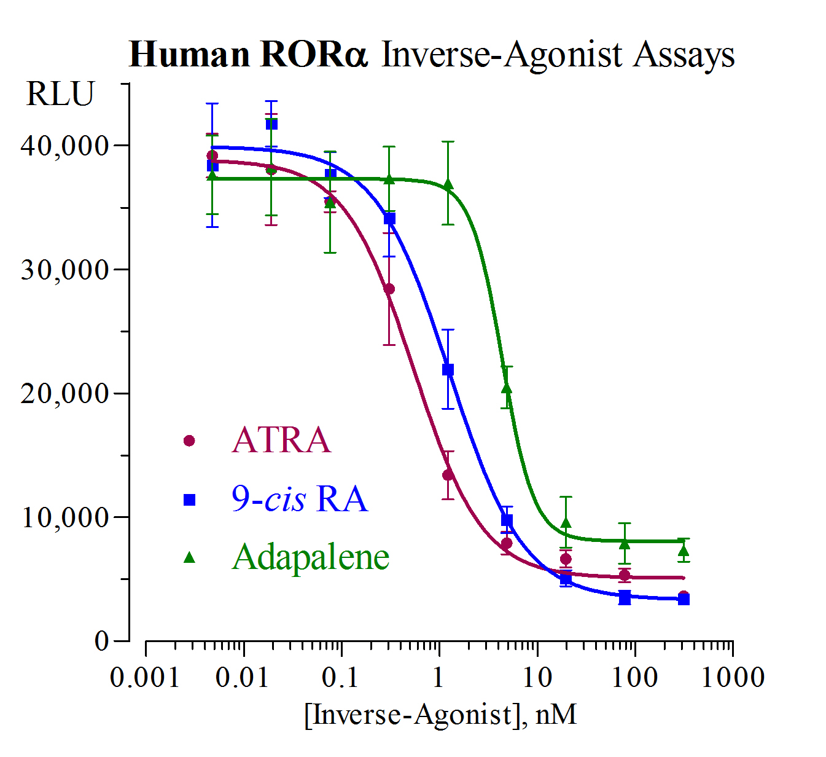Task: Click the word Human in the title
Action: pyautogui.click(x=189, y=55)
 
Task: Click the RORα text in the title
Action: pyautogui.click(x=314, y=55)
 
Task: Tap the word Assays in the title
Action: pyautogui.click(x=684, y=56)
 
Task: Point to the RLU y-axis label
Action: pyautogui.click(x=60, y=95)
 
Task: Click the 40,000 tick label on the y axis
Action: pyautogui.click(x=64, y=146)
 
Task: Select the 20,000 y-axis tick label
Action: pyautogui.click(x=64, y=394)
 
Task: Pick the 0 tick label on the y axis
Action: pyautogui.click(x=102, y=641)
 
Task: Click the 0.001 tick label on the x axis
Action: pyautogui.click(x=145, y=678)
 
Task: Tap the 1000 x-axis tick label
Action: pyautogui.click(x=733, y=678)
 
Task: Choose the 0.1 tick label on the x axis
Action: pyautogui.click(x=340, y=678)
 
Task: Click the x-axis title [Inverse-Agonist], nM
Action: pyautogui.click(x=440, y=715)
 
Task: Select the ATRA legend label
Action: pyautogui.click(x=281, y=441)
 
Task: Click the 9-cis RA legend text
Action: pyautogui.click(x=300, y=498)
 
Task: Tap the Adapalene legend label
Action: pyautogui.click(x=311, y=557)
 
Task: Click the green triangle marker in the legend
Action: pyautogui.click(x=189, y=557)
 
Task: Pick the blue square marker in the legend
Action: pyautogui.click(x=189, y=500)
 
